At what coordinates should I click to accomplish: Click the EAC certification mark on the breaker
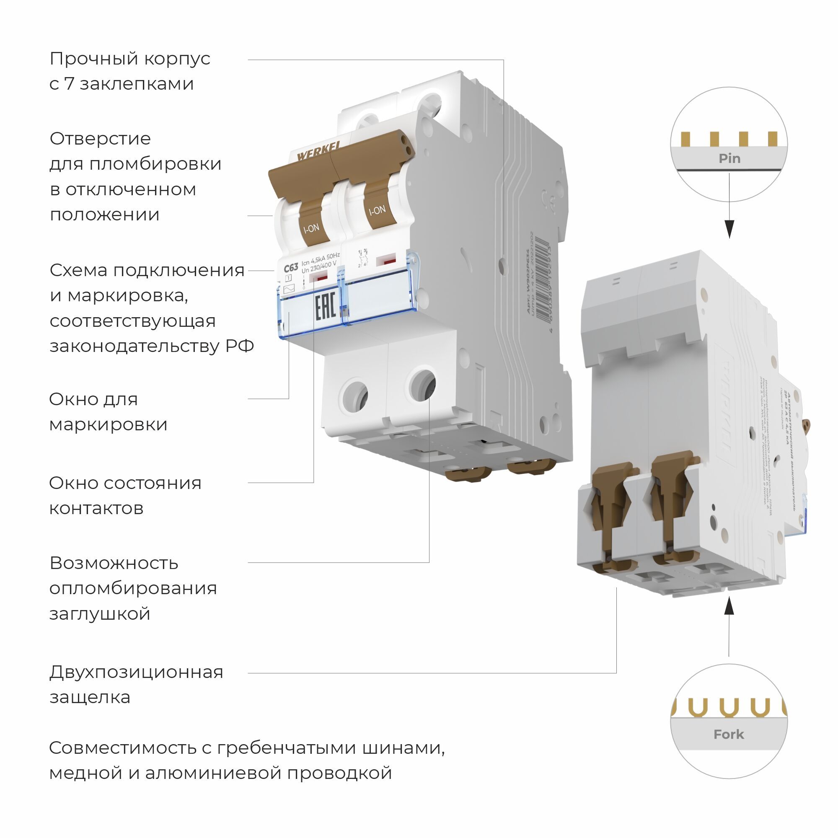click(x=325, y=307)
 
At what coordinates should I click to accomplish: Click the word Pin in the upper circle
click(x=729, y=158)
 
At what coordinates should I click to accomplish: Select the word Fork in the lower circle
click(x=729, y=735)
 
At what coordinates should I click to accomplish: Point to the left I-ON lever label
click(x=311, y=228)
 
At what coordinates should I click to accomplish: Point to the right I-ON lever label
click(x=377, y=210)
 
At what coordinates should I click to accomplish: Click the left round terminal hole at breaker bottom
click(x=355, y=395)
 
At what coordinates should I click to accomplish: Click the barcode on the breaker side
click(x=542, y=282)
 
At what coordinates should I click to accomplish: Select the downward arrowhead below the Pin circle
click(x=729, y=229)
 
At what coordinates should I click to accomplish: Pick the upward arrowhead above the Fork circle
click(x=729, y=605)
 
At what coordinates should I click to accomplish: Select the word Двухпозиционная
click(x=136, y=672)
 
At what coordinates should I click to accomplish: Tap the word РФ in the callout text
click(x=239, y=346)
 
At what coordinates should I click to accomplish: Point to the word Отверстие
click(x=100, y=139)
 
